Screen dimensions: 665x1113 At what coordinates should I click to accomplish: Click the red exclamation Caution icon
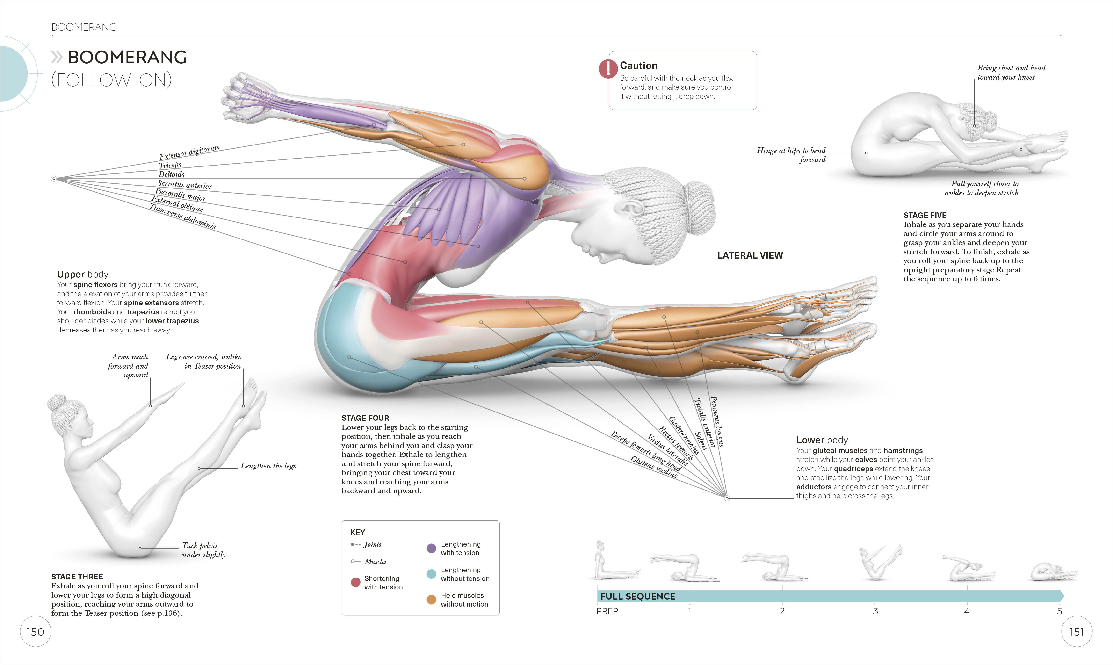click(x=608, y=68)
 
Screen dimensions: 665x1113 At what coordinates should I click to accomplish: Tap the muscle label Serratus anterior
click(x=185, y=185)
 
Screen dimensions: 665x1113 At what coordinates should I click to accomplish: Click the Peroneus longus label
click(x=717, y=421)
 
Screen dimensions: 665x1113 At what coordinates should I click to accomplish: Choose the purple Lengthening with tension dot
click(x=431, y=548)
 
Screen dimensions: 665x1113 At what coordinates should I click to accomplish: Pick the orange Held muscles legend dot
click(x=431, y=600)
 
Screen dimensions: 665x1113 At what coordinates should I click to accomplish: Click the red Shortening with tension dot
click(x=355, y=582)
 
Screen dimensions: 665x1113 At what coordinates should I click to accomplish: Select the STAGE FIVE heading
click(x=925, y=215)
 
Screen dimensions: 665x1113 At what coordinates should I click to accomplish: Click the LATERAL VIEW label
click(x=750, y=255)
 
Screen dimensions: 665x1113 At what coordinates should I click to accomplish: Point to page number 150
click(x=35, y=632)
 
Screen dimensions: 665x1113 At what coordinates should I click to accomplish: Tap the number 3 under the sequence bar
click(x=875, y=611)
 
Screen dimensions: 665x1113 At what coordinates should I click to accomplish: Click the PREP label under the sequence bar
click(x=607, y=611)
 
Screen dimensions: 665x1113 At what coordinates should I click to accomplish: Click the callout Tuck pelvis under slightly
click(x=203, y=550)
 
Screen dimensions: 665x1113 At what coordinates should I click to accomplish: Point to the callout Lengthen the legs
click(x=268, y=466)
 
